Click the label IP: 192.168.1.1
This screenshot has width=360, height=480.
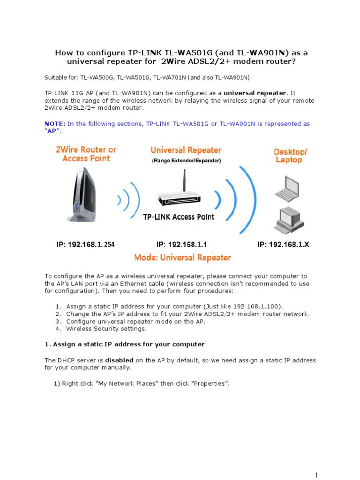181,244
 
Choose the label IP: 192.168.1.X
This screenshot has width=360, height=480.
283,244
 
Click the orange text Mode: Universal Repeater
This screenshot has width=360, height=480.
182,257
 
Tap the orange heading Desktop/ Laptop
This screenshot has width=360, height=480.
291,156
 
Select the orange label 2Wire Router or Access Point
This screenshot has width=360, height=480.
86,154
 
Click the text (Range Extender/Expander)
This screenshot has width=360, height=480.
186,161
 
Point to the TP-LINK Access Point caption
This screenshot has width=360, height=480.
179,217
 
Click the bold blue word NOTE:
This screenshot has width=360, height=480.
55,124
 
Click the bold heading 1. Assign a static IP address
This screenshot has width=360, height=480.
124,344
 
